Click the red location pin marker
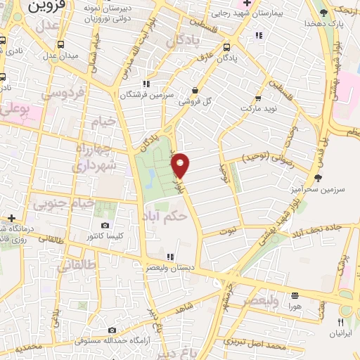[x=181, y=165]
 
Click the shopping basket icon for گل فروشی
[x=195, y=90]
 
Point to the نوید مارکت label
[x=256, y=109]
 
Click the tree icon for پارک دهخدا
[x=323, y=13]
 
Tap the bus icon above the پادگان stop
[x=226, y=48]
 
